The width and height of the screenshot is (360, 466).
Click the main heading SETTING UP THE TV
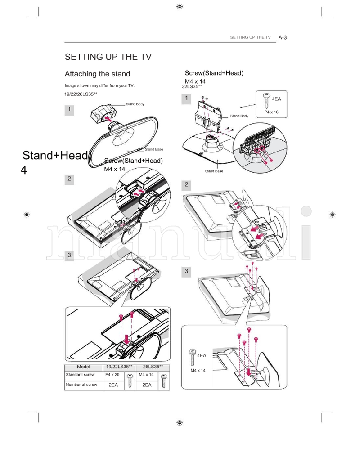tap(108, 57)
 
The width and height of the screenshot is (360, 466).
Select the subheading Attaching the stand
tap(97, 74)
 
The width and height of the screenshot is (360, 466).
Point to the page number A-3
tap(283, 37)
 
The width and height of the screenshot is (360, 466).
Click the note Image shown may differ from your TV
tap(99, 85)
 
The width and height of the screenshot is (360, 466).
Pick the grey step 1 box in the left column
tap(69, 110)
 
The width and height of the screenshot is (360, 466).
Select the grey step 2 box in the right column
tap(186, 185)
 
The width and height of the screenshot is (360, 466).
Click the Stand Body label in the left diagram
tap(135, 104)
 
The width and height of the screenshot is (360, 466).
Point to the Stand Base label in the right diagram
tap(214, 171)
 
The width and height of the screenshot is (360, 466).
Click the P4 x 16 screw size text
tap(271, 112)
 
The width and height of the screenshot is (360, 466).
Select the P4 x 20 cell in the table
tap(112, 375)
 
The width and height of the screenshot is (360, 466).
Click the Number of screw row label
tap(81, 385)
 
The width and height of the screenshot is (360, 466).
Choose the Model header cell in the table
tap(84, 367)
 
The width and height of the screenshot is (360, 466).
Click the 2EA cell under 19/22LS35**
tap(113, 385)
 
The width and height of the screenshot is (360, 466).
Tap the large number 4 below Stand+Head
tap(24, 170)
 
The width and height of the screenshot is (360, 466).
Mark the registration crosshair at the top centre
tap(180, 6)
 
